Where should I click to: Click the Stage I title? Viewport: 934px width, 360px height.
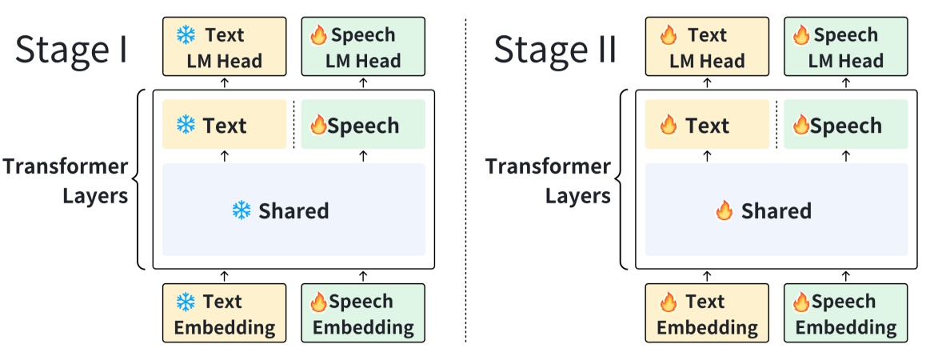click(71, 50)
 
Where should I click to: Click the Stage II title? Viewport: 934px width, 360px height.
click(554, 50)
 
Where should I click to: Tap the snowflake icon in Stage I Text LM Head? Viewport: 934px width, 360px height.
click(186, 35)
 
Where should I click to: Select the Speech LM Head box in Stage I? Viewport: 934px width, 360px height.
click(363, 47)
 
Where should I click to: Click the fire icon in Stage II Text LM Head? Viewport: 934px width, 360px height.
click(669, 35)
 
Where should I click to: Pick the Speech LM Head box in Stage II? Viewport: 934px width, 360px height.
click(845, 47)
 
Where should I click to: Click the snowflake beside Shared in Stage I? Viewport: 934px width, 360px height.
click(241, 211)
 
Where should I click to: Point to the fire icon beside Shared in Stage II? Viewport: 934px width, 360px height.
click(724, 211)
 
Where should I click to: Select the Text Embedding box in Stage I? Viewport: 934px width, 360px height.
click(224, 314)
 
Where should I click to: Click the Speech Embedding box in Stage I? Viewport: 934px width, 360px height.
click(363, 314)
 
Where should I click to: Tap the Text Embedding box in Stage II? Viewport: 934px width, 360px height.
click(707, 314)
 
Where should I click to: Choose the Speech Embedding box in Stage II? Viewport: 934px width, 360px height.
click(845, 314)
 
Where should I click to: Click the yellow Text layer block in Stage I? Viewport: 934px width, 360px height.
click(224, 125)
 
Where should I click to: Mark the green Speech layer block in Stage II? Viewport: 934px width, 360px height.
click(845, 125)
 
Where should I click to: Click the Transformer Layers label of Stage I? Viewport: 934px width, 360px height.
click(66, 181)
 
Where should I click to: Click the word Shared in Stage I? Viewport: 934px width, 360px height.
click(293, 211)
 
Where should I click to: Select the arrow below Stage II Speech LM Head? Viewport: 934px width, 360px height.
click(846, 82)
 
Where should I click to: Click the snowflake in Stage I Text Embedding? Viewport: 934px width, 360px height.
click(186, 302)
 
